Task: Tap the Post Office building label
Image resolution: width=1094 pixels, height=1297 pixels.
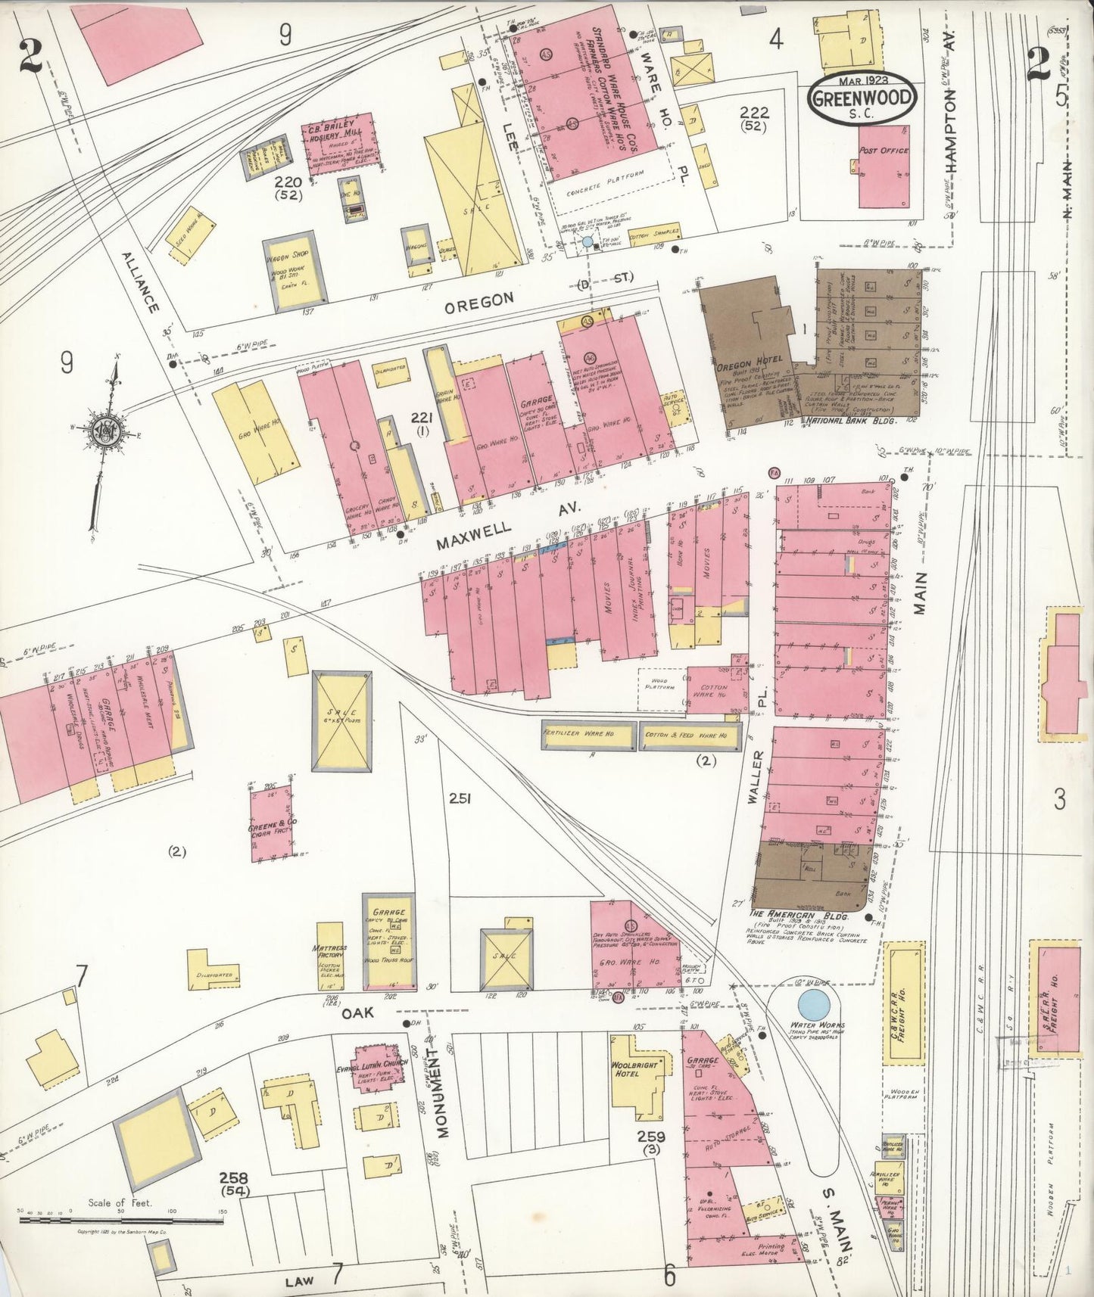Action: point(884,151)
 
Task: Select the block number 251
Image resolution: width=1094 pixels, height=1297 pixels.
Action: point(460,798)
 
